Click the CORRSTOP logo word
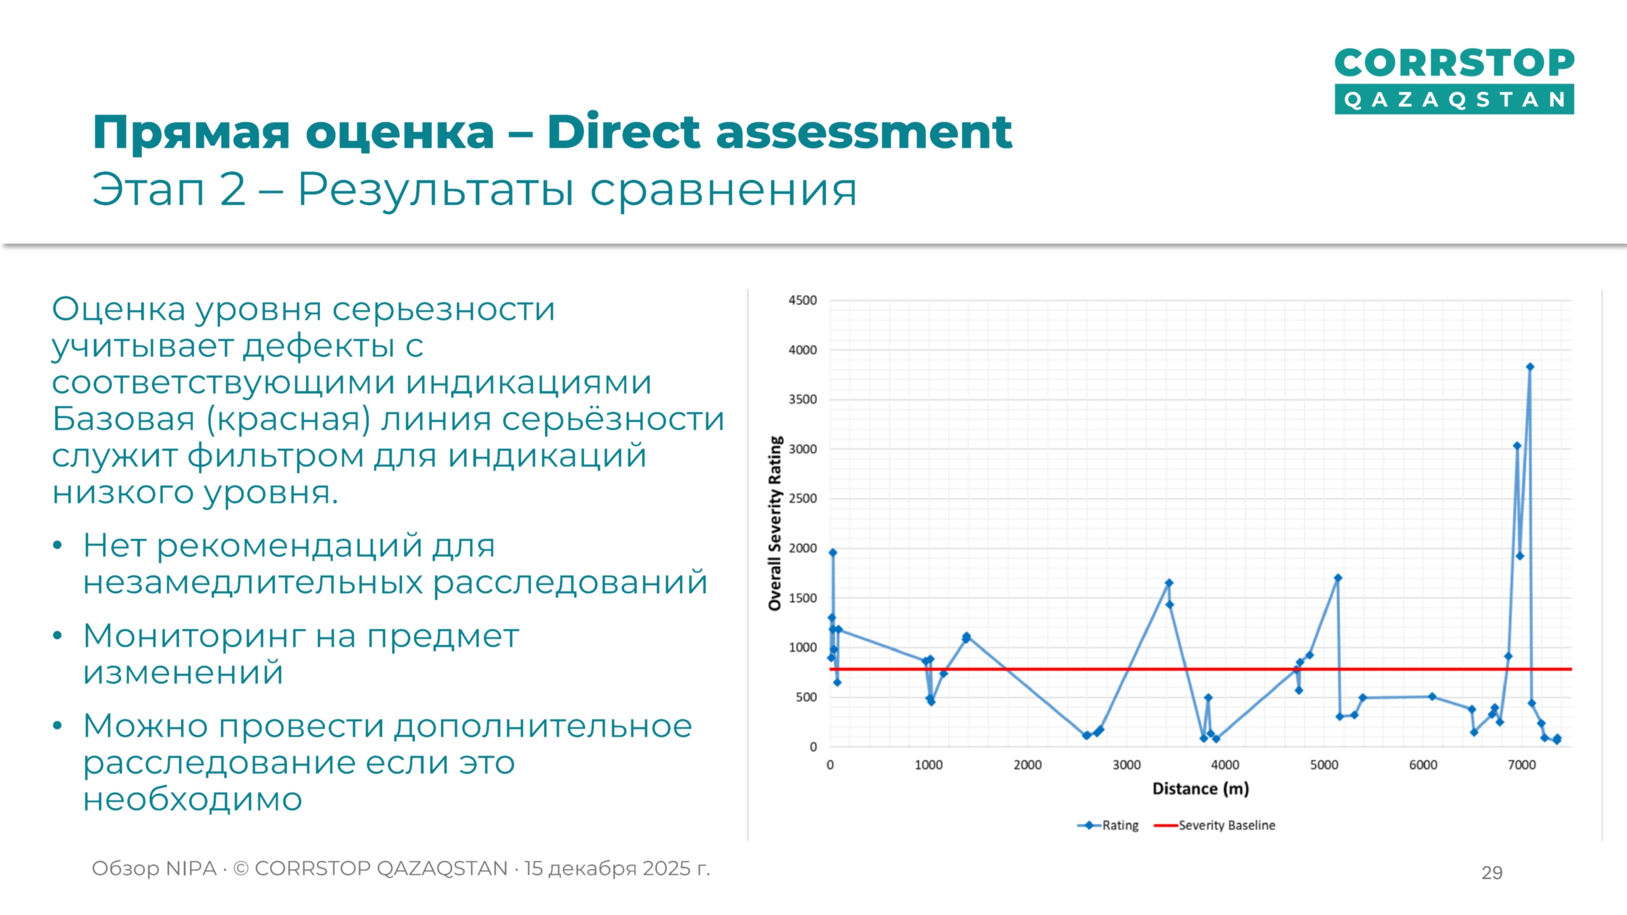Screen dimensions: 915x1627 [x=1454, y=63]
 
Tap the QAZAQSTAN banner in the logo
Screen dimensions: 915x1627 [x=1454, y=100]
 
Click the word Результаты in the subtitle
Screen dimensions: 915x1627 [x=435, y=189]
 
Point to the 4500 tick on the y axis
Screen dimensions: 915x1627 [x=802, y=300]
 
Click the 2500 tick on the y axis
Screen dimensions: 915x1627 [x=802, y=499]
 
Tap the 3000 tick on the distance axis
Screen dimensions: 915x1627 [x=1126, y=764]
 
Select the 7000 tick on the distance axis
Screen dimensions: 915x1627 [x=1521, y=764]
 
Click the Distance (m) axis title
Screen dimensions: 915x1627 [x=1201, y=788]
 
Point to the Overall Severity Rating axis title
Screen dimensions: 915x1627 [x=775, y=523]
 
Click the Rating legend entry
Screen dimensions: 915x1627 [x=1120, y=825]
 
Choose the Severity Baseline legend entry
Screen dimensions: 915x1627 [x=1226, y=825]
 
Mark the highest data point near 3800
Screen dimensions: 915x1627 [x=1530, y=367]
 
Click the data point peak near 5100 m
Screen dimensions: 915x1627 [x=1338, y=578]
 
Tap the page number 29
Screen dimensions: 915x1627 [x=1492, y=872]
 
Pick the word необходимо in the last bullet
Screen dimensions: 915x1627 [x=193, y=799]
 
